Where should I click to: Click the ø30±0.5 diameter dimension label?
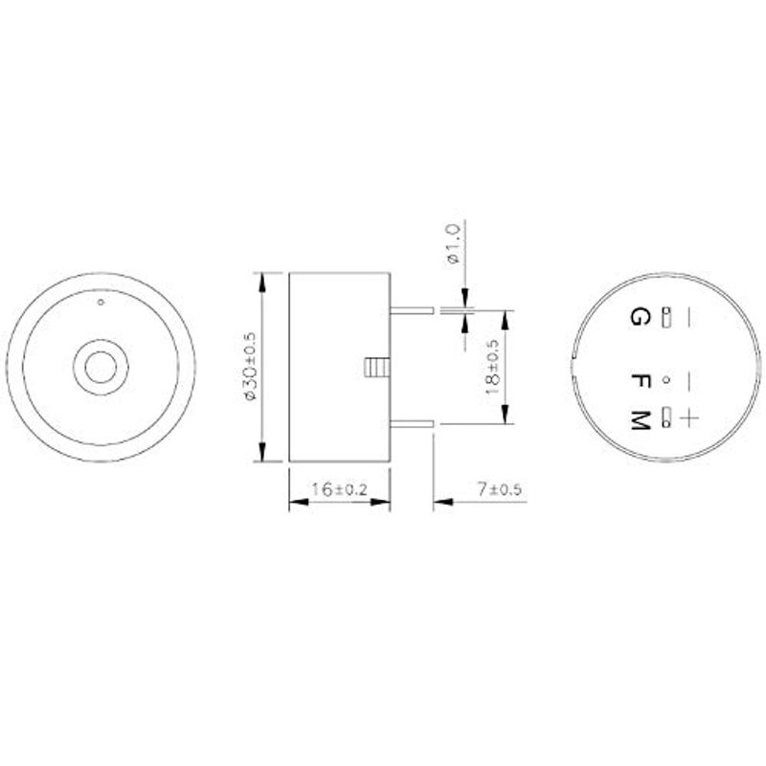251,367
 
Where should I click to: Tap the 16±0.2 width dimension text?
339,489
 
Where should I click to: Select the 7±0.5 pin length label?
499,489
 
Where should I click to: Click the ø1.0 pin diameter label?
453,244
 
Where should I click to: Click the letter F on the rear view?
641,380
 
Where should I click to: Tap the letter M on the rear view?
641,420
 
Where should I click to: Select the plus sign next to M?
688,419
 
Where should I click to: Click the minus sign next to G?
688,317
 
